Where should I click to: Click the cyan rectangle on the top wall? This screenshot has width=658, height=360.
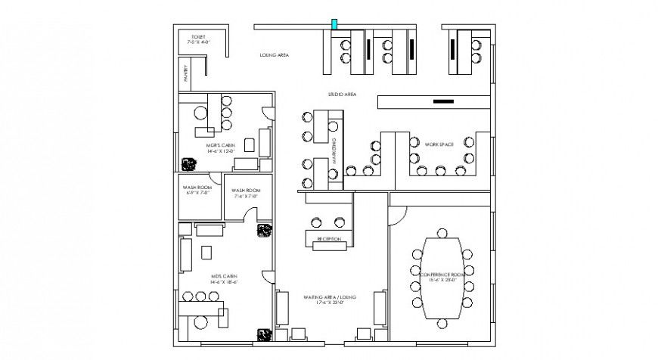pos(333,25)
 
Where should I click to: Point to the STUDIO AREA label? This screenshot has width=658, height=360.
pos(342,95)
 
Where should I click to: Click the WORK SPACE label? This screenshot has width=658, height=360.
pos(439,144)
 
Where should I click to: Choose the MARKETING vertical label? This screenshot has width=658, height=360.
pos(334,148)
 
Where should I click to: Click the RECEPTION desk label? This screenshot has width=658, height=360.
pos(327,239)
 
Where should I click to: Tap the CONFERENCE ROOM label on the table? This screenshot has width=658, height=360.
pos(442,276)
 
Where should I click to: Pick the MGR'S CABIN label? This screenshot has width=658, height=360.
pos(222,147)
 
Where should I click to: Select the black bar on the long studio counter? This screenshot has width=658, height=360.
pos(444,101)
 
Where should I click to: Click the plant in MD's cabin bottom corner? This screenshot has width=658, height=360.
pos(264,333)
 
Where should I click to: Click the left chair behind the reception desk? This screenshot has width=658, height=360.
pos(315,222)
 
